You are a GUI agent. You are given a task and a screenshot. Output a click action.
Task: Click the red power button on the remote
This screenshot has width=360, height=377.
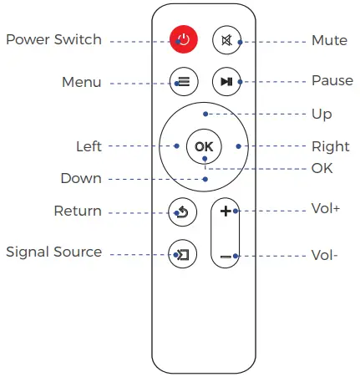coord(183,39)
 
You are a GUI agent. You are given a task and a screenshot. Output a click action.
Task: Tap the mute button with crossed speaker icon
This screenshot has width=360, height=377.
coord(225,39)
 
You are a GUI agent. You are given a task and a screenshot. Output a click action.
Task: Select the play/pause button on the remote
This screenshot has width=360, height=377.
coord(225,81)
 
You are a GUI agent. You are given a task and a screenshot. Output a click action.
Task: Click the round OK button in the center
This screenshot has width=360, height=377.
coord(204,146)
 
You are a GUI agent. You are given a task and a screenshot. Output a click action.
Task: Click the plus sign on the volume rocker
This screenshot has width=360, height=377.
coord(225,211)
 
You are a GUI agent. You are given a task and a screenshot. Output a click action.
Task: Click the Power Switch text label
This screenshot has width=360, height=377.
coord(53,40)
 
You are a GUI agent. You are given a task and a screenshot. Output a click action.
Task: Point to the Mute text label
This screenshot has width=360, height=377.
coord(329,40)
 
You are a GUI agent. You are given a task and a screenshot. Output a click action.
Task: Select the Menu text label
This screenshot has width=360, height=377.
coord(82,82)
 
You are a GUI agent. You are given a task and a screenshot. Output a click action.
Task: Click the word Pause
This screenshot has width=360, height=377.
coord(332,81)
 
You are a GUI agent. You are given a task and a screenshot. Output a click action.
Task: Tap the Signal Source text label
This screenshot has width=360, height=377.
coord(53,252)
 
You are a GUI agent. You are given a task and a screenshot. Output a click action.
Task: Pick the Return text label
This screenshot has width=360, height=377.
coord(78,211)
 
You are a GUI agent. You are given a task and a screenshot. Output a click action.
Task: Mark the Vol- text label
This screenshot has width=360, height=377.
coord(324,256)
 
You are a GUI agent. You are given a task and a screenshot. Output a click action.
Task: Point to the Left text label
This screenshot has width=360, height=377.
coord(89,146)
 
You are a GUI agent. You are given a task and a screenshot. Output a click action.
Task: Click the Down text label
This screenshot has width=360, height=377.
coord(81,178)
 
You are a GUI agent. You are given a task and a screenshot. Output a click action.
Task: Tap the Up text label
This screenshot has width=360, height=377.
coord(321,114)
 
